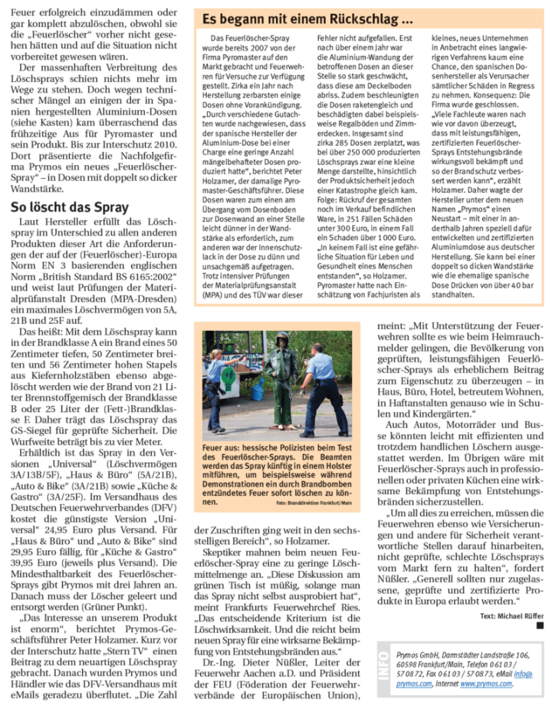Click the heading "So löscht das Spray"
70,206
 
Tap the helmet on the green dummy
282,338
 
